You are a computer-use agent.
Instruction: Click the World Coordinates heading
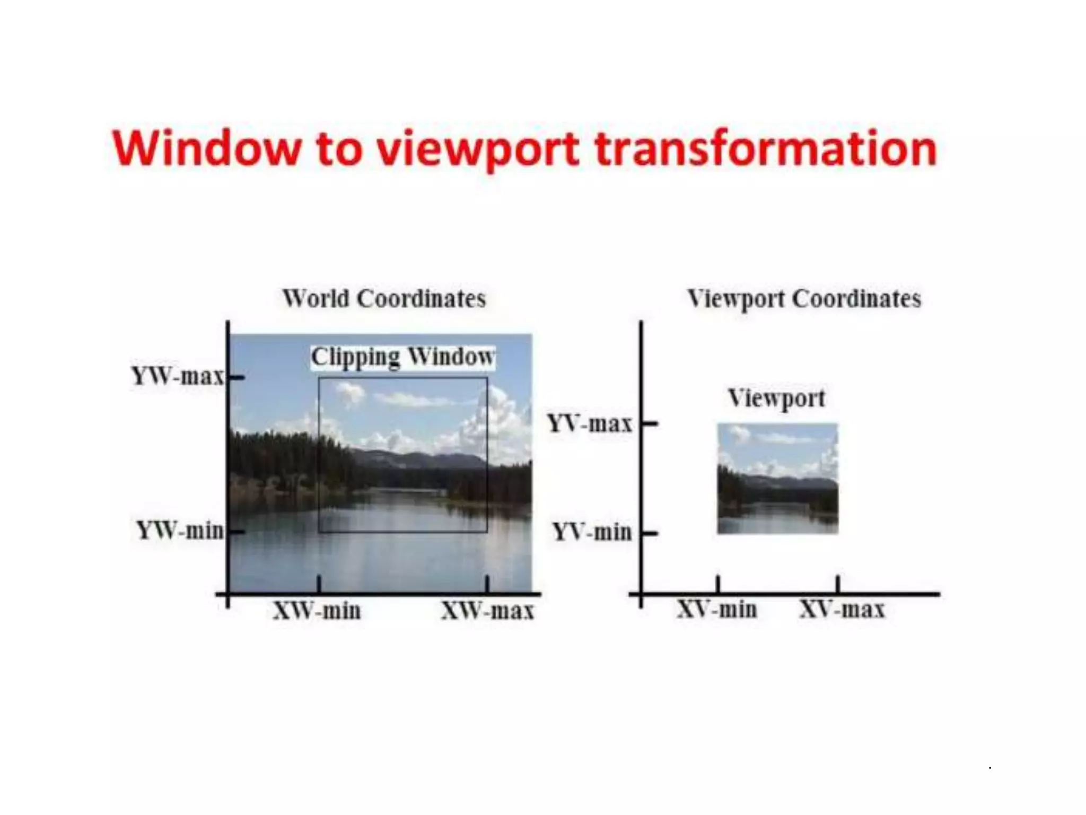pos(384,299)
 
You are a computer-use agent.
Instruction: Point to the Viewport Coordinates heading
pos(804,299)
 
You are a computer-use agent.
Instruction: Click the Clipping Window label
pos(402,357)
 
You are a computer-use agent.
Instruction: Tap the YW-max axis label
pos(178,376)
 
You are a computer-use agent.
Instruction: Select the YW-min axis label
pos(180,530)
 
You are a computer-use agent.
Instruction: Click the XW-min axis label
pos(317,611)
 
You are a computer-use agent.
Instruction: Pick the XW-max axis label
pos(487,611)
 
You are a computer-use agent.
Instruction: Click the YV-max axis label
pos(590,424)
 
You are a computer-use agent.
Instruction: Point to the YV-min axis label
pos(592,532)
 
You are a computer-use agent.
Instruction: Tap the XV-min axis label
pos(717,609)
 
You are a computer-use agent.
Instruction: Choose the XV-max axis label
pos(842,609)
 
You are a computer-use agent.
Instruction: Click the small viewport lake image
pos(777,478)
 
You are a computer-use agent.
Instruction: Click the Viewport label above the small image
pos(776,398)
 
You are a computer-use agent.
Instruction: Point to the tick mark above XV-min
pos(718,584)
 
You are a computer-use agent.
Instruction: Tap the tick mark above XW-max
pos(487,584)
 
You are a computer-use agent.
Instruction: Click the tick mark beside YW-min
pos(237,531)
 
